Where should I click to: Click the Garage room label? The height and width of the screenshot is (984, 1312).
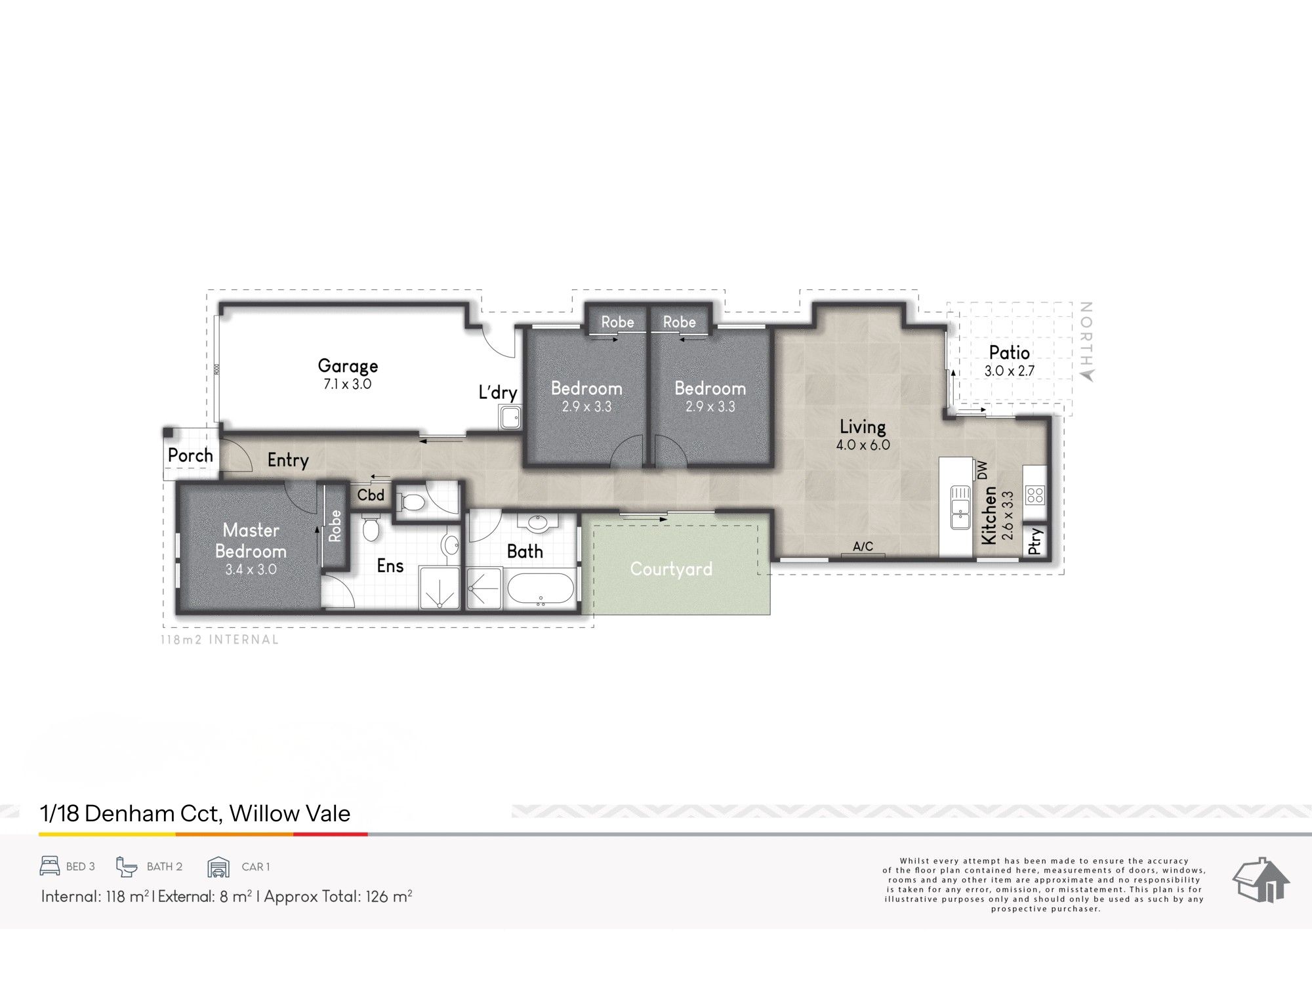[348, 366]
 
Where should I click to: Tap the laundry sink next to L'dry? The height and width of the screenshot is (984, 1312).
[510, 417]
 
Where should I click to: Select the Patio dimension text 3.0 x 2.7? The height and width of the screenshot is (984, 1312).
[1009, 371]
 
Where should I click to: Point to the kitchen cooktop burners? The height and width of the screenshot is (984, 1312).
[1035, 494]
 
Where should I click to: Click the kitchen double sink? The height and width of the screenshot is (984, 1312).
[960, 506]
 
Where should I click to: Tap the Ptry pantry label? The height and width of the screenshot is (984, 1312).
[1035, 541]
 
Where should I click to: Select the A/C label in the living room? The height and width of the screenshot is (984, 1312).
[863, 546]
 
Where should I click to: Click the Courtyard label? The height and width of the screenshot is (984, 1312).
[671, 569]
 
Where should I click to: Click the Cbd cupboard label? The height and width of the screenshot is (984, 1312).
[371, 495]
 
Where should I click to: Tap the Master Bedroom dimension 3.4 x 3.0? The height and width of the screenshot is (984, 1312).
[251, 569]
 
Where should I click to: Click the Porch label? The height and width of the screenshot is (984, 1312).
[190, 455]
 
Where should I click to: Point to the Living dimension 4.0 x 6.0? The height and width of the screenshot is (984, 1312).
[863, 445]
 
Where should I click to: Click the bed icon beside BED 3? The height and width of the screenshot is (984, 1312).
[50, 866]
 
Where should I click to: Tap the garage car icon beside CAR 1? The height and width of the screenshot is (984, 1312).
[218, 867]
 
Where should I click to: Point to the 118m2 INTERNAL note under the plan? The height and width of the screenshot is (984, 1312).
[220, 640]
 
